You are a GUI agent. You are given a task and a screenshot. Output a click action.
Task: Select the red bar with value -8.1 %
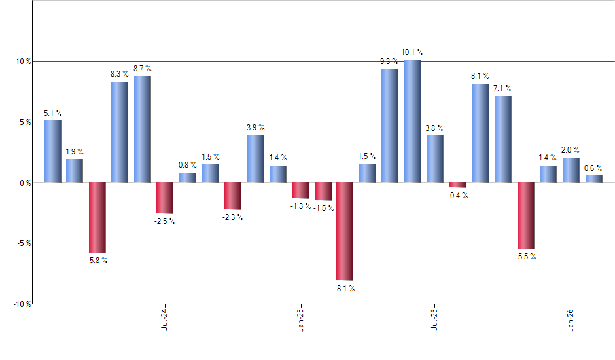345,231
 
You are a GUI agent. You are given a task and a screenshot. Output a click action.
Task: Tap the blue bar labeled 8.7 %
143,129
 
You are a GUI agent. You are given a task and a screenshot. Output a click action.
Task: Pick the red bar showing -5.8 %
97,217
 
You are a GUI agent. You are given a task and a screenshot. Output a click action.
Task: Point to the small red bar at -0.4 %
458,185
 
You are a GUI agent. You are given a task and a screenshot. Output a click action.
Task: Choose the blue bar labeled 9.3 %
390,125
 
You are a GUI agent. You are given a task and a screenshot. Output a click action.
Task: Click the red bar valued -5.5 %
526,215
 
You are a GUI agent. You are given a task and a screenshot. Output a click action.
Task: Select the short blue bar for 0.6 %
594,179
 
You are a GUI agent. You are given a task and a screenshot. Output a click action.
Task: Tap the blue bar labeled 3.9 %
256,158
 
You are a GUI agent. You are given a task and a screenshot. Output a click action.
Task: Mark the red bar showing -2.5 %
165,198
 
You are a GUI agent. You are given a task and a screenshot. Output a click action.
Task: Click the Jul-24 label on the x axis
164,319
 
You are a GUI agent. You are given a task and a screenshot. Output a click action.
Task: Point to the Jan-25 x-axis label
300,319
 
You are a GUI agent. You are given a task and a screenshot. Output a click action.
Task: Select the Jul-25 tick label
435,319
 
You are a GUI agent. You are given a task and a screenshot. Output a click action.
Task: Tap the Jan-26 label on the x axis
571,319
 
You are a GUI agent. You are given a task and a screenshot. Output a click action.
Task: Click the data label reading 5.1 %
53,113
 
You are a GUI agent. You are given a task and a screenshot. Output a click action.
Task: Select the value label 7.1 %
503,88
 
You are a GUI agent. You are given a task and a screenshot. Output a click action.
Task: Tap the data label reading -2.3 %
233,217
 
